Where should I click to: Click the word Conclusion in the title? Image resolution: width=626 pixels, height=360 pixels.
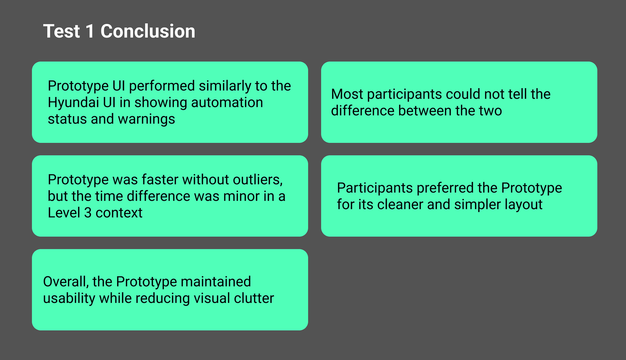click(x=148, y=31)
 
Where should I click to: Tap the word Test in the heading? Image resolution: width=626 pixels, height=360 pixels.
click(x=62, y=31)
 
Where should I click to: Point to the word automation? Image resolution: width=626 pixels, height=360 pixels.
click(x=227, y=102)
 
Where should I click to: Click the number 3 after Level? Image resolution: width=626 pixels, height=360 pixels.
click(x=88, y=213)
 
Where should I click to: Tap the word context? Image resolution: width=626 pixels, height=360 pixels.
click(x=119, y=213)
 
